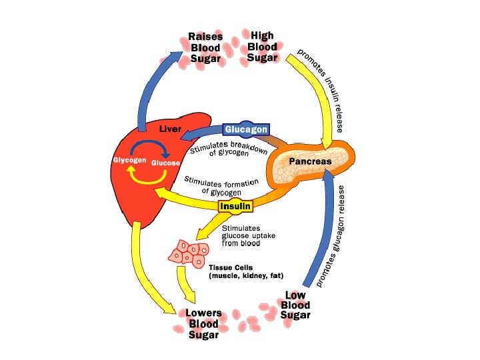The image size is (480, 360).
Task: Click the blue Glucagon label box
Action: pos(247,129)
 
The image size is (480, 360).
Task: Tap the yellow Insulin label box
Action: pos(235,206)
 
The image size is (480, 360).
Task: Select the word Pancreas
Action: pos(310,161)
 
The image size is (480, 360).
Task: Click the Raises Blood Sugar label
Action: pos(205,48)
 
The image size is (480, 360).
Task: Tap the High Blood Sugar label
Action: pos(262,46)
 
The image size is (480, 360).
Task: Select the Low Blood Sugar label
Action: pos(295,305)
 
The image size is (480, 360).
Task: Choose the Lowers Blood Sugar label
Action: pos(203,324)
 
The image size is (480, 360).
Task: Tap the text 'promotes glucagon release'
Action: pos(331,237)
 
